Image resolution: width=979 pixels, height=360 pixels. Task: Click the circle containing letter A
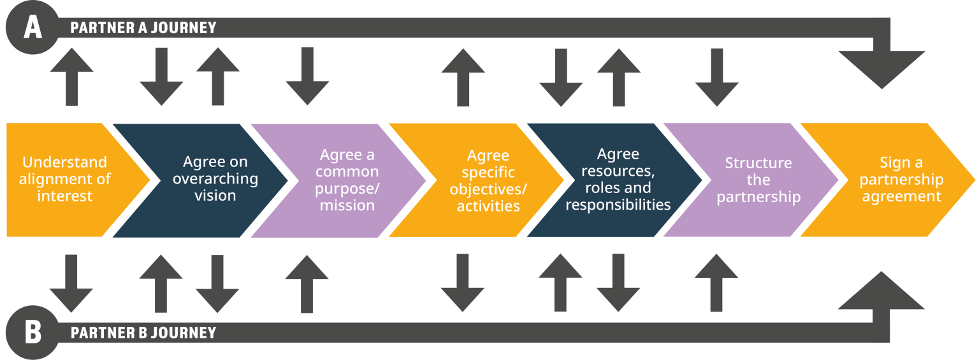coord(33,29)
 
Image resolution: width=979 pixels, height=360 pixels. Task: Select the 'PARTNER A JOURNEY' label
coord(143,28)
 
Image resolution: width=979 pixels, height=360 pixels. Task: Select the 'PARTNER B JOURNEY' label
coord(143,333)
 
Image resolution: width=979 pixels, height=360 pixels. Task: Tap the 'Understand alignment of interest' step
coord(64,179)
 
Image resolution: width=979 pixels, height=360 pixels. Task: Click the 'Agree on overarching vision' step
coord(215,179)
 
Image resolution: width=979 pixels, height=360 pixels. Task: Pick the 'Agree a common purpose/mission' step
coord(347,180)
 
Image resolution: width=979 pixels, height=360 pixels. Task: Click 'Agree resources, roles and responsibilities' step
coord(618,179)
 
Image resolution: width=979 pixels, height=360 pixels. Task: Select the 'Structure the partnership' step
coord(758,180)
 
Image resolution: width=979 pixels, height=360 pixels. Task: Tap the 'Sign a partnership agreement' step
coord(901,179)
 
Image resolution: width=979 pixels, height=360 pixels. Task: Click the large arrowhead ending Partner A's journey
coord(881,67)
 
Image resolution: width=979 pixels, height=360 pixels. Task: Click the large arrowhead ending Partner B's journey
coord(881,293)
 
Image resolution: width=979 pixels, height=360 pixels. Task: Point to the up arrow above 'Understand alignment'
coord(71,76)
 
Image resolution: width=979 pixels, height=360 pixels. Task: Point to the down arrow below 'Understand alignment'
coord(71,283)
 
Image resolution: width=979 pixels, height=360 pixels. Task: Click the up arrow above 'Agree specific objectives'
coord(463,77)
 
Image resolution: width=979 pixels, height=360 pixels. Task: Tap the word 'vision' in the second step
coord(215,196)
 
